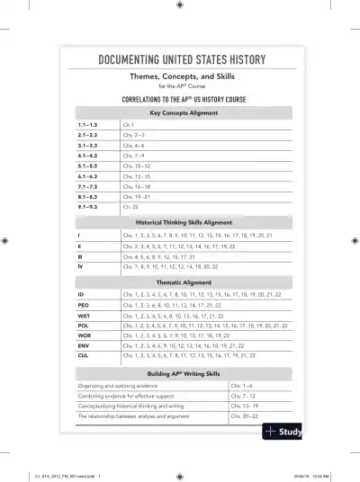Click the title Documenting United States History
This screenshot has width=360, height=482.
[x=181, y=60]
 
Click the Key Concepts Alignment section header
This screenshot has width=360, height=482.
[x=181, y=112]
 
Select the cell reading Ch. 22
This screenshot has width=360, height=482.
[x=130, y=206]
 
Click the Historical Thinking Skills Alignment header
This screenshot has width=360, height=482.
[x=181, y=221]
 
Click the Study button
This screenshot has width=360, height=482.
[x=282, y=433]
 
